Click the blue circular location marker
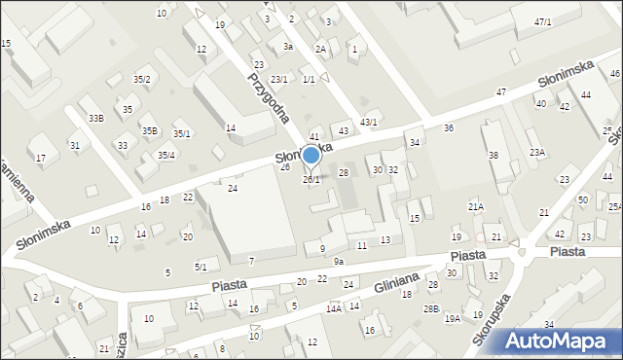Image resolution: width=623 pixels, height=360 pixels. tap(311, 155)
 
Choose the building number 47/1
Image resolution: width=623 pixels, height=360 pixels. tap(542, 21)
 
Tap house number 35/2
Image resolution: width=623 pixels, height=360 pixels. tap(142, 79)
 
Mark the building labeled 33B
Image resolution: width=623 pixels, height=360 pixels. tap(95, 118)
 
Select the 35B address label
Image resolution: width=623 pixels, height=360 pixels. tap(148, 130)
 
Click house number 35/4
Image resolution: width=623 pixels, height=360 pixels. tap(166, 155)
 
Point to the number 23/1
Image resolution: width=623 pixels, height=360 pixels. tap(279, 79)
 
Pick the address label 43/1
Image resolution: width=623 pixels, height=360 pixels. tap(369, 121)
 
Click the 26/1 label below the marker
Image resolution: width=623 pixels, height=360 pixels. tap(311, 180)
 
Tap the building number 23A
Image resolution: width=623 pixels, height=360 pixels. tap(536, 152)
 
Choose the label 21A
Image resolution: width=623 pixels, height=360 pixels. tap(475, 206)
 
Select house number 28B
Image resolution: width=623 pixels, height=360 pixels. tap(430, 308)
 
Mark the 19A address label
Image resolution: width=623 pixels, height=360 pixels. tap(452, 318)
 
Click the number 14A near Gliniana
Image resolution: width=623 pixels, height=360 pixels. tap(333, 308)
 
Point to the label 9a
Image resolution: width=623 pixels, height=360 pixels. tap(338, 261)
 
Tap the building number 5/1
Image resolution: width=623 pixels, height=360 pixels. tap(201, 267)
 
